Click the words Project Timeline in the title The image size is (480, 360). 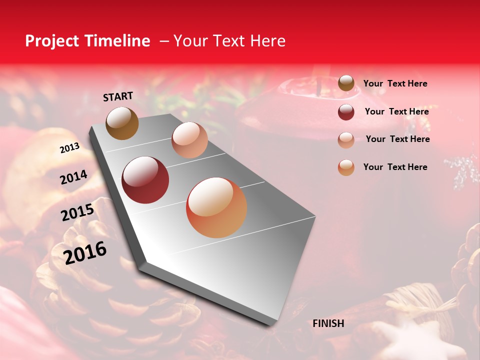point(87,41)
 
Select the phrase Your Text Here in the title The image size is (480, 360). point(229,41)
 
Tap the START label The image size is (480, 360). point(118,96)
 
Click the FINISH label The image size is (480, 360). point(328,323)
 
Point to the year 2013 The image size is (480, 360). point(69,148)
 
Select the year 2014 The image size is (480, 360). point(73,177)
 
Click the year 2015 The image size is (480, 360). point(77,212)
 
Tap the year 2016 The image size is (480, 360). point(85,252)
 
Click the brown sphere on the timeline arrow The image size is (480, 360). point(122,123)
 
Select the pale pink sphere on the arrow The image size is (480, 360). point(189,140)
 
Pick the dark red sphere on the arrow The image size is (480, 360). point(145,180)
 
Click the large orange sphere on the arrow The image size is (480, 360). point(216,207)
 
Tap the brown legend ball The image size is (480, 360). point(346,83)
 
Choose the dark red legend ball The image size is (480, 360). point(346,112)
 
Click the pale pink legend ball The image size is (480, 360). point(346,140)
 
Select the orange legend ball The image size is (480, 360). point(346,167)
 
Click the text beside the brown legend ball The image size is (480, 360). point(395,84)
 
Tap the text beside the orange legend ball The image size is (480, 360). point(395,167)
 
